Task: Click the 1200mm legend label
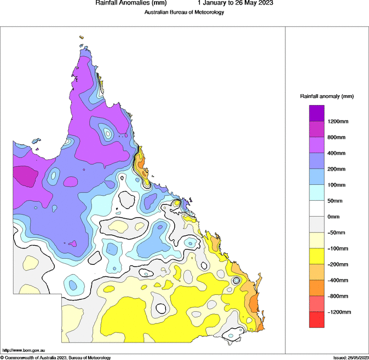click(x=339, y=121)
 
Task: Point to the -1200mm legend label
click(x=339, y=312)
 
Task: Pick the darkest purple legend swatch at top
click(x=317, y=113)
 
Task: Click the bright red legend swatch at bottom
click(x=317, y=320)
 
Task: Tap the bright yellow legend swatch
click(x=317, y=256)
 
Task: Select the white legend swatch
click(x=317, y=208)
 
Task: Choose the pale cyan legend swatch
click(x=317, y=192)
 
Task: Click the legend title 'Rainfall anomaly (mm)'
click(x=327, y=96)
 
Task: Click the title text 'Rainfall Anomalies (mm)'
click(x=127, y=3)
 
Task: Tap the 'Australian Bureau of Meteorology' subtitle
click(x=184, y=12)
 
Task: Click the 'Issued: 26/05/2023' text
click(x=351, y=357)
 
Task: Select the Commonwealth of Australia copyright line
click(x=56, y=357)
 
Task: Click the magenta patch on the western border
click(x=25, y=176)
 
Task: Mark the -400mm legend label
click(x=338, y=280)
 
